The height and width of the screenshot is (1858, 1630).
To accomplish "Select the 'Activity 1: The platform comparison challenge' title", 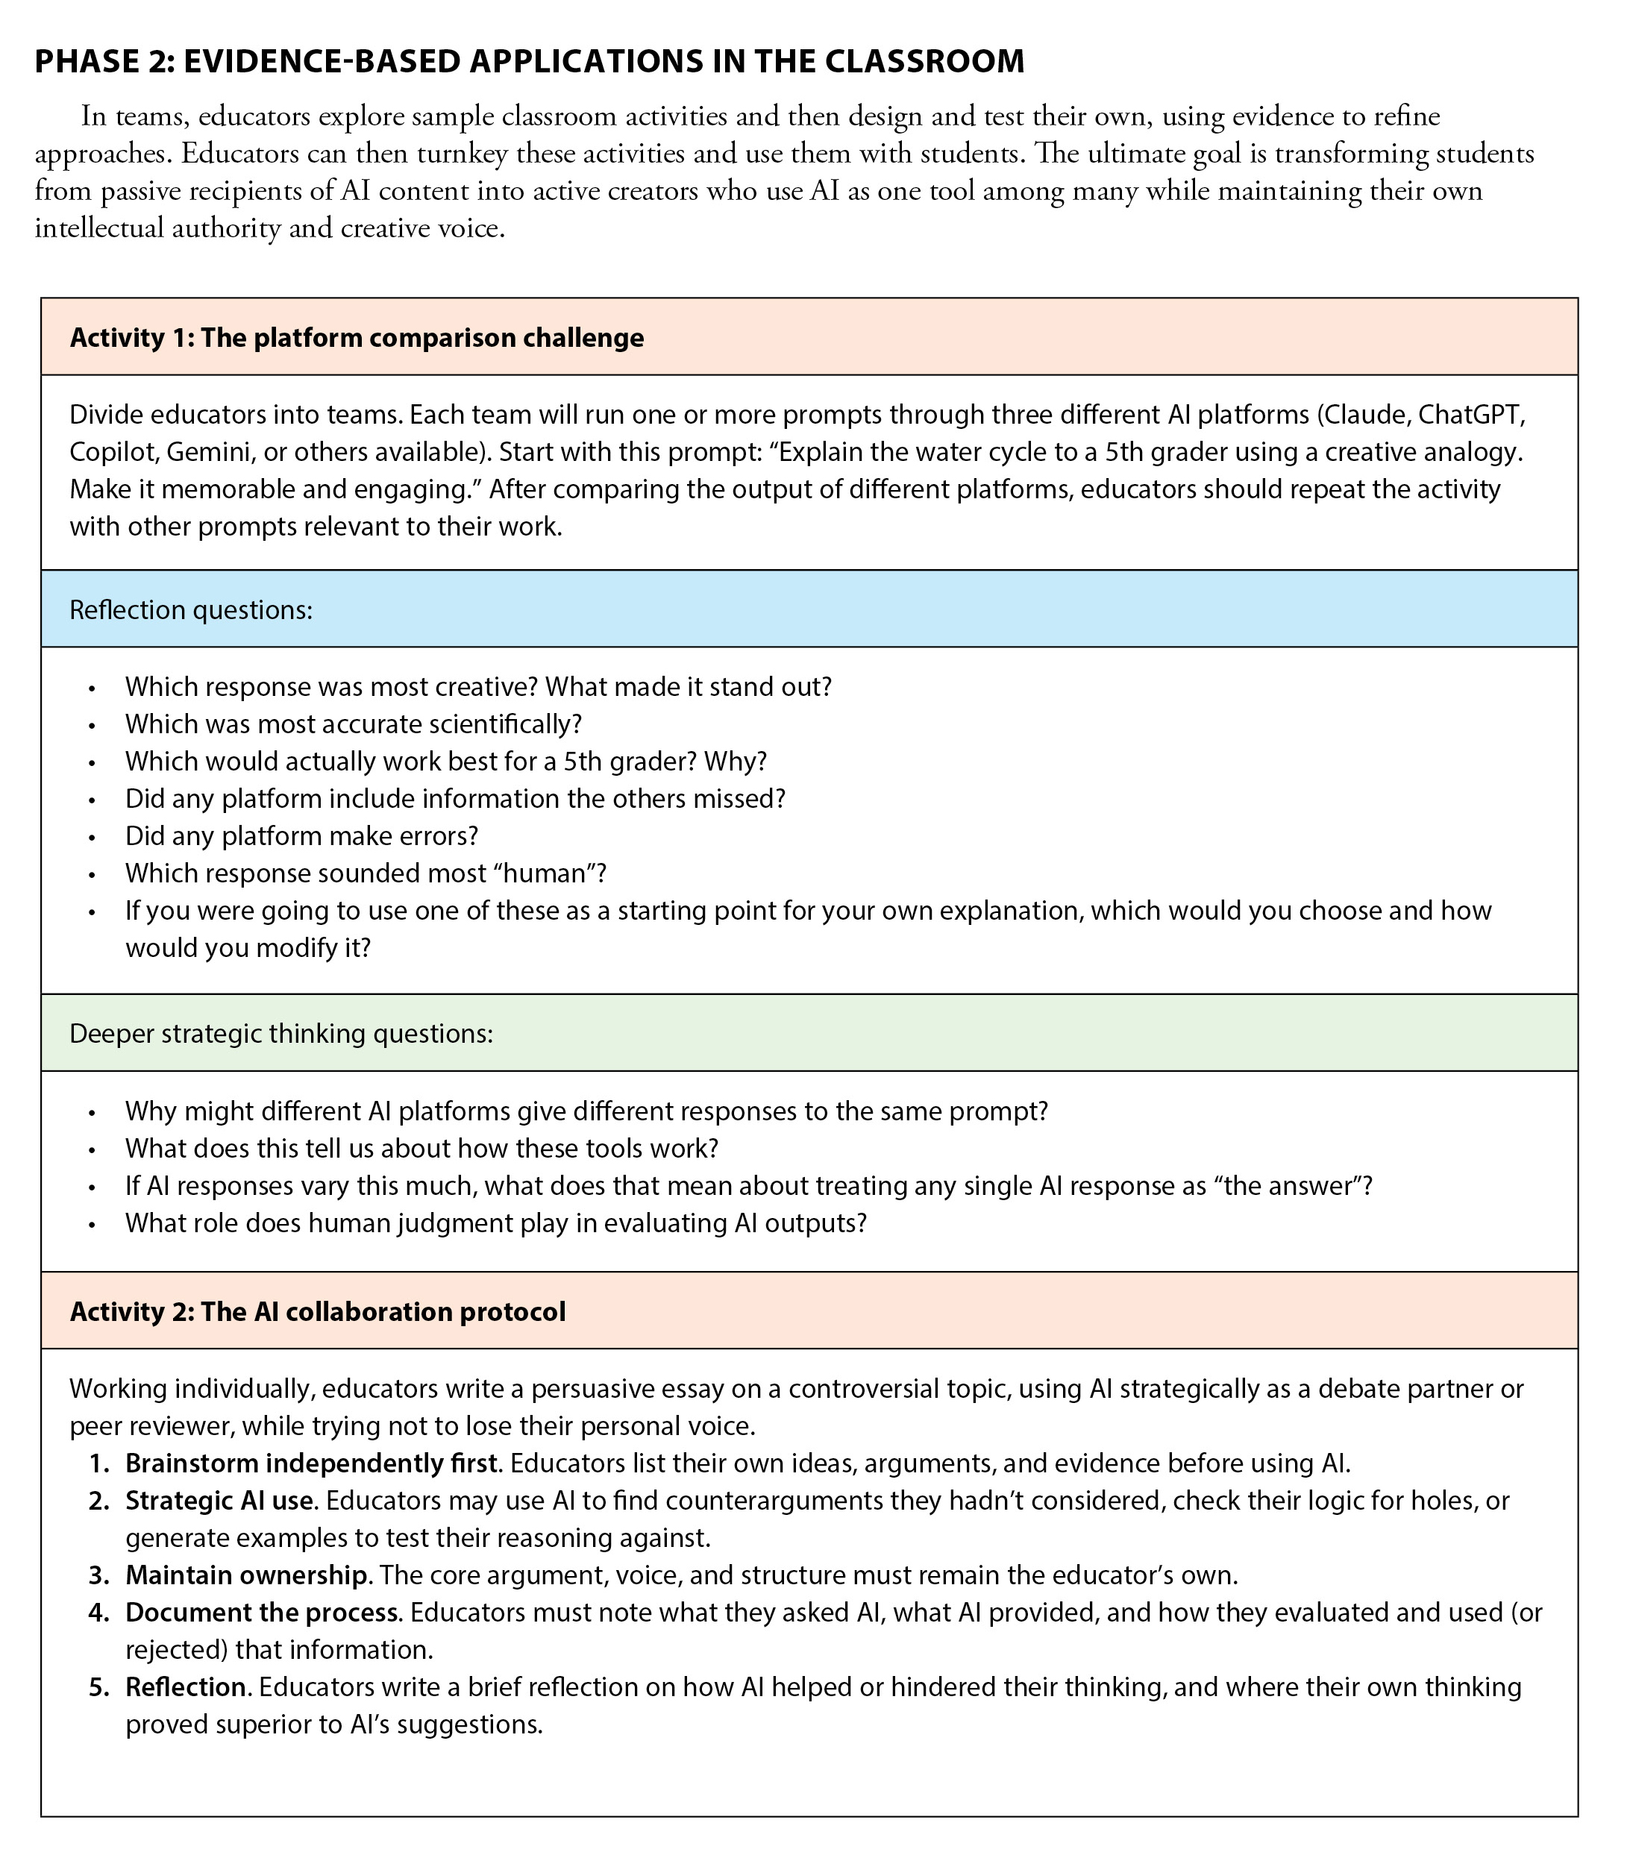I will [357, 337].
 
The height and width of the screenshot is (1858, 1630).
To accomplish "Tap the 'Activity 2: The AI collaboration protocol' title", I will [317, 1312].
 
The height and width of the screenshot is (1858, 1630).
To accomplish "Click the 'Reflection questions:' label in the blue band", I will [191, 609].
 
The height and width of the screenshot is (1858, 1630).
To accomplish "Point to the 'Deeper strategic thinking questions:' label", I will [281, 1034].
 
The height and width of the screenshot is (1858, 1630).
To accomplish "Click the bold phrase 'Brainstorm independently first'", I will [312, 1463].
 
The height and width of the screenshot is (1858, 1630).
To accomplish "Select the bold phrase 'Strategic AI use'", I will [221, 1500].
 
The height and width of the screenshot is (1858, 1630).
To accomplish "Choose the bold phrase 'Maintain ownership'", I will [245, 1575].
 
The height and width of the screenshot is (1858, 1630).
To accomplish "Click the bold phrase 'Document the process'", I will [262, 1612].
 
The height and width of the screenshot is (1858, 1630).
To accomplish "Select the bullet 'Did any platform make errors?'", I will [301, 835].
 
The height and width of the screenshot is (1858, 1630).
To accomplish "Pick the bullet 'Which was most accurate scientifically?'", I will [353, 724].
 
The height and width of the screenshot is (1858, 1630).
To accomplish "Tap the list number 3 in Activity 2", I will [98, 1575].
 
